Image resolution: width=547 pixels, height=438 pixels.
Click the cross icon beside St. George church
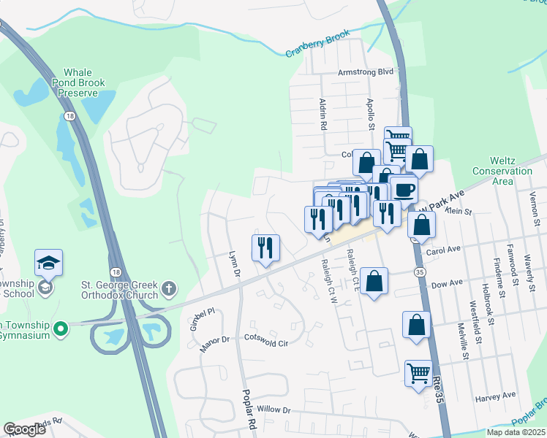(170, 288)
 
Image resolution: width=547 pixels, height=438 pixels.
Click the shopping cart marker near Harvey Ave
(418, 373)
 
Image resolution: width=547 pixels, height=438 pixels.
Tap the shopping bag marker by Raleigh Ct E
(374, 281)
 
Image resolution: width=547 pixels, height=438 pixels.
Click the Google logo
(24, 429)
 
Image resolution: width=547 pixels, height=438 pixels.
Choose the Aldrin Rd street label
(322, 115)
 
